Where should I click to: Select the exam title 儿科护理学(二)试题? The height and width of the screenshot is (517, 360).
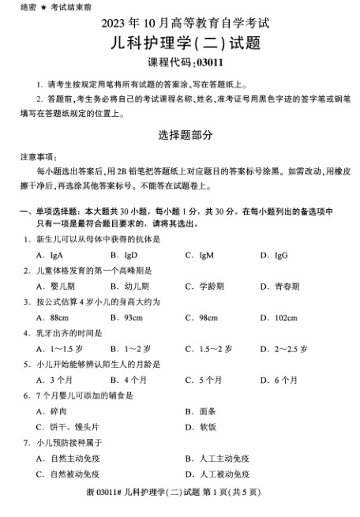[180, 45]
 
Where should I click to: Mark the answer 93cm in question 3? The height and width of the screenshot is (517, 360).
[131, 317]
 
